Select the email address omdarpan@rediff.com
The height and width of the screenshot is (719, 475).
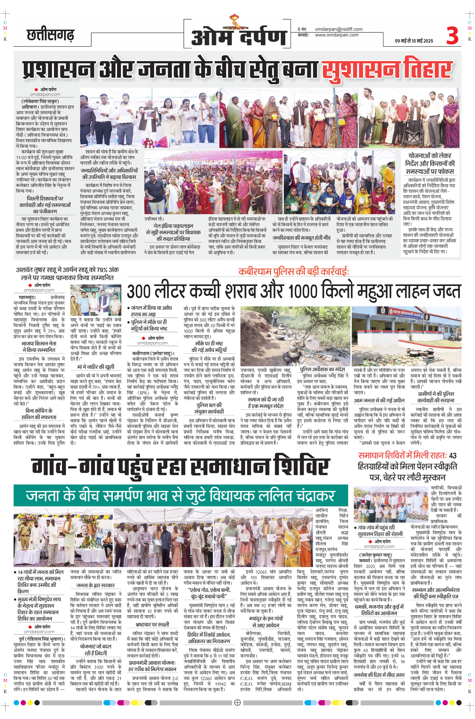tap(339, 29)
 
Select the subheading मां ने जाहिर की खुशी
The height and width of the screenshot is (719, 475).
tap(95, 367)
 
